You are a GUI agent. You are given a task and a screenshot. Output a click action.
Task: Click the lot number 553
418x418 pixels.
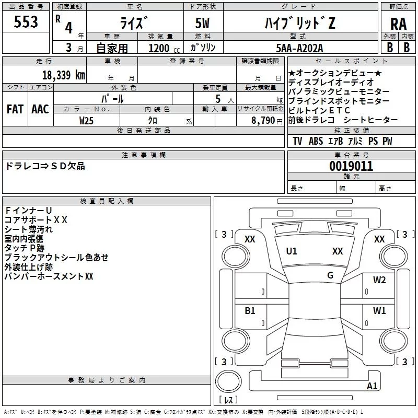pyautogui.click(x=26, y=22)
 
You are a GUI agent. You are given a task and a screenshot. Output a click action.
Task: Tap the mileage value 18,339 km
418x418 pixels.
pyautogui.click(x=63, y=75)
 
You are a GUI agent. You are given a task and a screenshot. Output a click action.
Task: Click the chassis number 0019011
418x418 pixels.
pyautogui.click(x=351, y=166)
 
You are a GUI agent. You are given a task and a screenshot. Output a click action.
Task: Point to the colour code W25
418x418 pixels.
pyautogui.click(x=87, y=120)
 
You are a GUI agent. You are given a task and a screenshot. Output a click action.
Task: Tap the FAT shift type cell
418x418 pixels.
pyautogui.click(x=15, y=109)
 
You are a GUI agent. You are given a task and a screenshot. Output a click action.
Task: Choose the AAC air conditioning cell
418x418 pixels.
pyautogui.click(x=40, y=109)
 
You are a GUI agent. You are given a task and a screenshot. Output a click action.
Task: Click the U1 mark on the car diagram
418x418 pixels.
pyautogui.click(x=292, y=251)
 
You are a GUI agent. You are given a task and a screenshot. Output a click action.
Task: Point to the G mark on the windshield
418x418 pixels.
pyautogui.click(x=330, y=275)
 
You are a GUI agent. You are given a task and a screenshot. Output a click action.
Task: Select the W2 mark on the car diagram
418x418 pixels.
pyautogui.click(x=379, y=280)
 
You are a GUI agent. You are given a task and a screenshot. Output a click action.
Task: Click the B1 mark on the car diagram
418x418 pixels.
pyautogui.click(x=250, y=311)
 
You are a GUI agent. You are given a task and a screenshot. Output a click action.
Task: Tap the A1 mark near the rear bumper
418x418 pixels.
pyautogui.click(x=372, y=386)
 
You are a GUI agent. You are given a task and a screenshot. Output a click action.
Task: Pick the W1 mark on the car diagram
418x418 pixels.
pyautogui.click(x=379, y=311)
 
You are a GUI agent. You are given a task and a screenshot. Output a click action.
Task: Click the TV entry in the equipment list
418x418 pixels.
pyautogui.click(x=297, y=141)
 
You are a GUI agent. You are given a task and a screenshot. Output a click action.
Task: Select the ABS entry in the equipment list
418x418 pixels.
pyautogui.click(x=316, y=141)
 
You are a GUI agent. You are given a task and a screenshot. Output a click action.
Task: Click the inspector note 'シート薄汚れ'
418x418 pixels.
pyautogui.click(x=28, y=229)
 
